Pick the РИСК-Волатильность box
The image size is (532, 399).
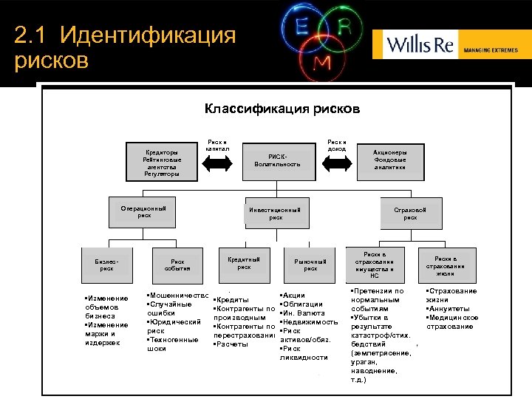[x=276, y=160]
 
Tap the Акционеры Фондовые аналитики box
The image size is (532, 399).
[x=389, y=158]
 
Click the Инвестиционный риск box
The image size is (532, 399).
[x=276, y=213]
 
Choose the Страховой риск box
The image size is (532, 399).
[x=410, y=213]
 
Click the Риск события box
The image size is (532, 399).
[x=178, y=265]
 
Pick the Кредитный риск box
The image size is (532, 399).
[x=244, y=262]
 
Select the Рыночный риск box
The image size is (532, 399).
[x=310, y=264]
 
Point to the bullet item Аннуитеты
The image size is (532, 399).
[x=448, y=309]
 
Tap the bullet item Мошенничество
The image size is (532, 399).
[x=178, y=295]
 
